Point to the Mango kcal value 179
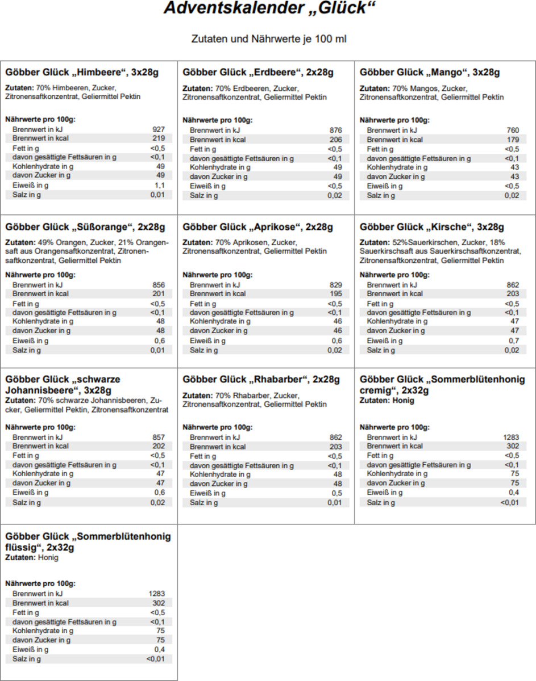(513, 139)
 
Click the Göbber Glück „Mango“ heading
(430, 73)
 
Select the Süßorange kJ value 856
(159, 284)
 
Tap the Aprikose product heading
(258, 227)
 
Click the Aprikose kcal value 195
(336, 293)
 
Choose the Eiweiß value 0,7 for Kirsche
(513, 340)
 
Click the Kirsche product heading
(432, 227)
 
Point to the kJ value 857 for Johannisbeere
(159, 437)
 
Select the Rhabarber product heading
(261, 380)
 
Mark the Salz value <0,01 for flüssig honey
(155, 659)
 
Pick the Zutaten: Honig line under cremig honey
(387, 401)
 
